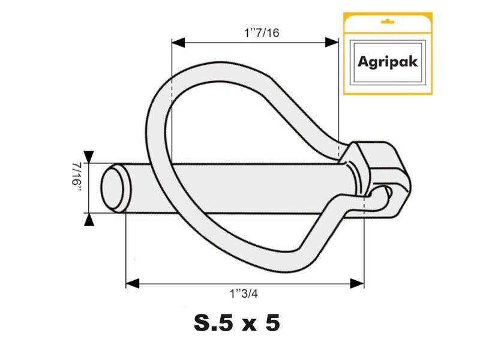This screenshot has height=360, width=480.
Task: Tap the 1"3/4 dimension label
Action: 247,293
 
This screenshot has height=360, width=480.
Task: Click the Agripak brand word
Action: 388,61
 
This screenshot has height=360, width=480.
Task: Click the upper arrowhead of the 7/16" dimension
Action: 89,156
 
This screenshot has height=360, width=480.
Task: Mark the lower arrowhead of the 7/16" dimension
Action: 89,220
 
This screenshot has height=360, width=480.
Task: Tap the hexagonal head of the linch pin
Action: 378,171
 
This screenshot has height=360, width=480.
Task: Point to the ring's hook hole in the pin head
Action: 388,192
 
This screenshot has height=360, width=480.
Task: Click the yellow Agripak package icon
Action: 388,53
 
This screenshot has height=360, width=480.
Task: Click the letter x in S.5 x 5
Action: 245,326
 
